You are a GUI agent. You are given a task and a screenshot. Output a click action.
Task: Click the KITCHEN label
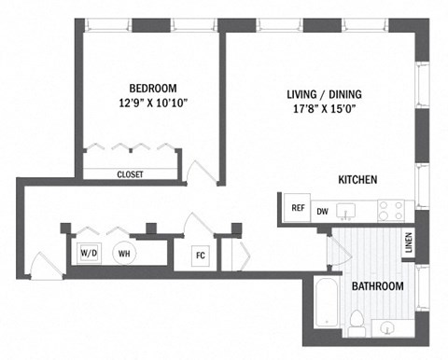click(357, 179)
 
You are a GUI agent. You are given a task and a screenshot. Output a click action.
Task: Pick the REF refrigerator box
click(298, 209)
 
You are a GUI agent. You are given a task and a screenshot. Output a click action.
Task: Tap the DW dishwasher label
click(322, 212)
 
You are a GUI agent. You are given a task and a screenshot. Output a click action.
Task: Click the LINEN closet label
click(409, 242)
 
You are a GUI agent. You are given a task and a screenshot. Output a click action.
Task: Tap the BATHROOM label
click(377, 286)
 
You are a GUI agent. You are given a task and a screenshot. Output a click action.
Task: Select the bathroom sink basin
click(386, 326)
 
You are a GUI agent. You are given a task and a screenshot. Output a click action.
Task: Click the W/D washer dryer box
click(90, 253)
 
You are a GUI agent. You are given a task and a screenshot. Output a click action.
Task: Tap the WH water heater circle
click(124, 252)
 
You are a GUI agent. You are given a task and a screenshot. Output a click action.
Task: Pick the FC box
click(200, 255)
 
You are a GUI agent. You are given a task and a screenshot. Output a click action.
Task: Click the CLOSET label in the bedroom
click(130, 173)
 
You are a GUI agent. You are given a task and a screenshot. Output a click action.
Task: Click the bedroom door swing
click(200, 171)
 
